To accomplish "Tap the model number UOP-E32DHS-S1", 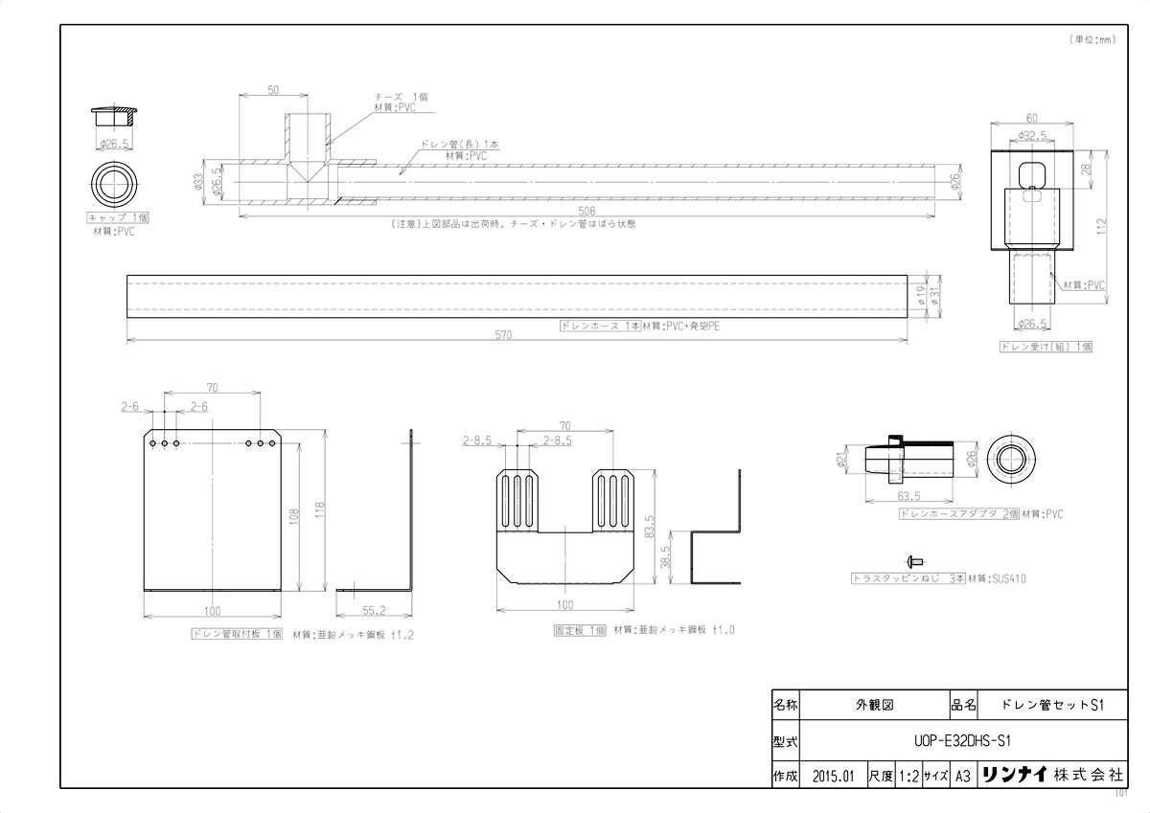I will (x=959, y=740).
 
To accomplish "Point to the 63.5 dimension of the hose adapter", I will (x=910, y=497).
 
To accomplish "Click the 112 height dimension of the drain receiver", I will (x=1101, y=225).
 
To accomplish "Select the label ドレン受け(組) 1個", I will (x=1046, y=347).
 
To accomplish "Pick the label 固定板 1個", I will (x=580, y=630).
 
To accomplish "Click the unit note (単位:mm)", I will (x=1092, y=39).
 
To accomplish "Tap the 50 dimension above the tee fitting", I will (x=273, y=90).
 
